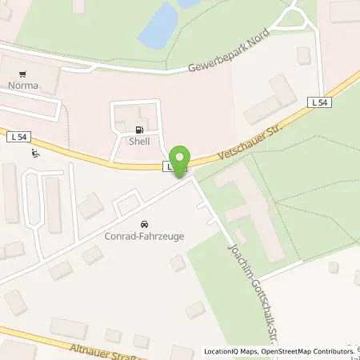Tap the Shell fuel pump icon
[x=141, y=130]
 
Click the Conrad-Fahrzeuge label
[x=143, y=235]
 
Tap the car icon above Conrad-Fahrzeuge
[x=144, y=224]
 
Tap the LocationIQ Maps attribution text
[x=231, y=351]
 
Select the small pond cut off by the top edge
[x=189, y=3]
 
